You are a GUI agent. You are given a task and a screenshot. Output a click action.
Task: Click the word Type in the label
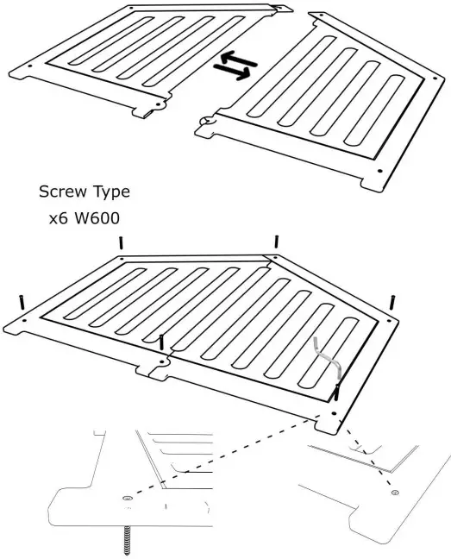point(110,192)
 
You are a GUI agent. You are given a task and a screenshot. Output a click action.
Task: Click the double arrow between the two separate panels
point(230,68)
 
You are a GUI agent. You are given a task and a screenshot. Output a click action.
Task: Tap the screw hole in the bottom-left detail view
point(128,499)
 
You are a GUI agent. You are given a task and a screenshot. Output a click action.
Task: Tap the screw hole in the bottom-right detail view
point(394,492)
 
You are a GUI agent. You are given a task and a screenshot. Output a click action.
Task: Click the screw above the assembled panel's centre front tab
point(161,342)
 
